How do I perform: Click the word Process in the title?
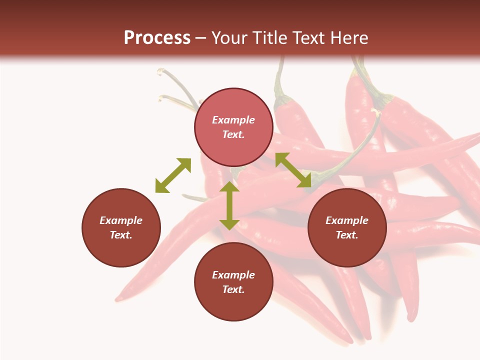click(157, 37)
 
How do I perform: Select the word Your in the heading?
click(230, 37)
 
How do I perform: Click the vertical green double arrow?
click(229, 205)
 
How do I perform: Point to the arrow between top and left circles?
click(173, 175)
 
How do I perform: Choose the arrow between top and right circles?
click(293, 170)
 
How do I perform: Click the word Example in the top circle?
click(233, 120)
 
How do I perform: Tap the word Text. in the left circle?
click(121, 235)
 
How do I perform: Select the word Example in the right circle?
click(347, 220)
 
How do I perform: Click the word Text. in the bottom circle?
click(233, 289)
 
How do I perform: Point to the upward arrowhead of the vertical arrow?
click(229, 187)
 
